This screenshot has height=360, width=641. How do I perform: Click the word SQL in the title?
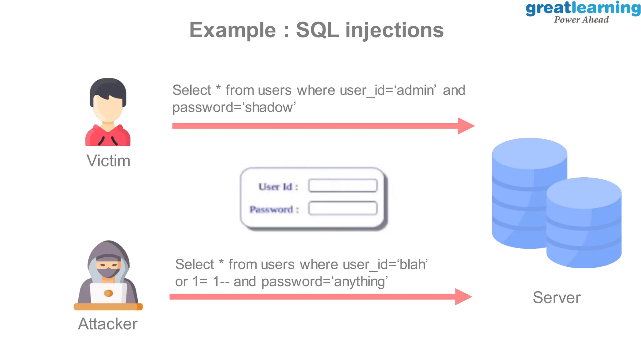(317, 30)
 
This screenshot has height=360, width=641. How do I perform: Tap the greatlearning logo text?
(583, 8)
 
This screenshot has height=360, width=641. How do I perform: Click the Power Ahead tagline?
(581, 20)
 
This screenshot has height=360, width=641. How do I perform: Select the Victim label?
(108, 161)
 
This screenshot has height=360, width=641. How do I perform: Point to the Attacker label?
(108, 324)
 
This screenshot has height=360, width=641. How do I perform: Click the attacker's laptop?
(108, 293)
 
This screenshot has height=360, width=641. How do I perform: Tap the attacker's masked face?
(108, 268)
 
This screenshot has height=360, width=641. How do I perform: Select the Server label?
(556, 297)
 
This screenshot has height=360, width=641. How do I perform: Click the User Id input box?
(343, 185)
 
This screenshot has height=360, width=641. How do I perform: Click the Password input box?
(343, 208)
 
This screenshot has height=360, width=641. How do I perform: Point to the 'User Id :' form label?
(278, 187)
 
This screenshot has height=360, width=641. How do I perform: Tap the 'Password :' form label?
(274, 209)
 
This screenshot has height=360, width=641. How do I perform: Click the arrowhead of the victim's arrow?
(466, 126)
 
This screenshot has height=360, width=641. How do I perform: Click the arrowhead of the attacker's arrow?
(463, 297)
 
